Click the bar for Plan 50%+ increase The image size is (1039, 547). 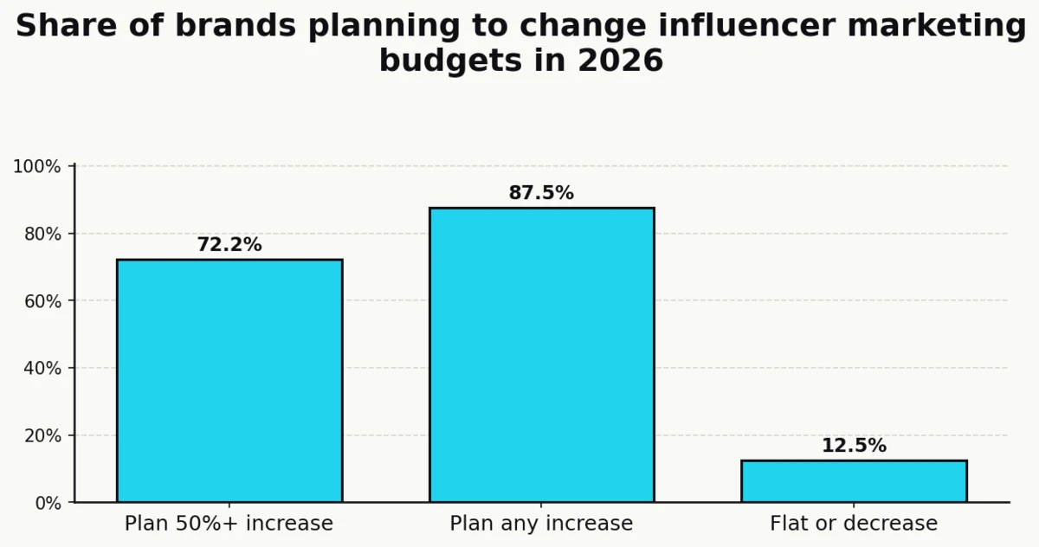[x=229, y=381]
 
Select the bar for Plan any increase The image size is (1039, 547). [x=541, y=355]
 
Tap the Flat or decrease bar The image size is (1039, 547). [x=854, y=481]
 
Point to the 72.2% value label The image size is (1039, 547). [x=229, y=245]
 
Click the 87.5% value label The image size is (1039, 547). [x=541, y=193]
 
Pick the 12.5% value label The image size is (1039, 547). [x=854, y=446]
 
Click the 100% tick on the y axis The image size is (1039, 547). [x=37, y=166]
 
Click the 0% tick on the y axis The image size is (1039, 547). [x=45, y=503]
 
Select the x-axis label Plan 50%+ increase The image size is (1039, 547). [x=229, y=524]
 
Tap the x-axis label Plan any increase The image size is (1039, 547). [x=541, y=524]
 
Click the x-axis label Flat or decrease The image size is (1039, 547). [x=854, y=524]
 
